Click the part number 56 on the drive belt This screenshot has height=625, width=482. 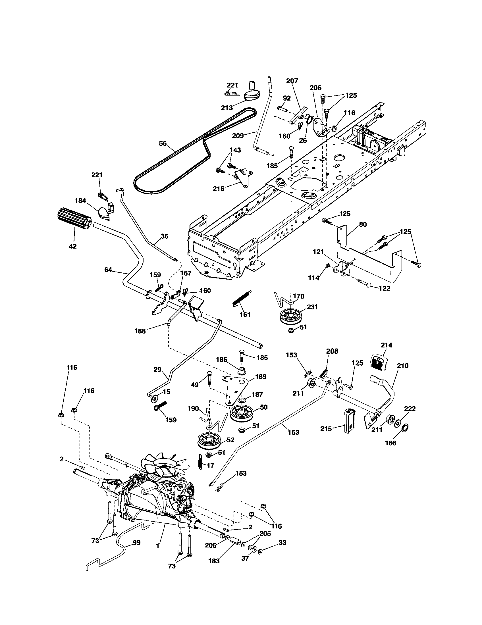[163, 143]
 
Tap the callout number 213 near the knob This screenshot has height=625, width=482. [227, 108]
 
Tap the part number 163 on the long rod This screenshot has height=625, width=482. [293, 432]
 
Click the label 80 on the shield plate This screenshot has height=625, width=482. [363, 224]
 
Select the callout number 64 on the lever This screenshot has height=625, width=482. [108, 270]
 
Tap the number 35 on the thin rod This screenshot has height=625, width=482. [165, 236]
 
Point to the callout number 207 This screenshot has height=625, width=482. [292, 81]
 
